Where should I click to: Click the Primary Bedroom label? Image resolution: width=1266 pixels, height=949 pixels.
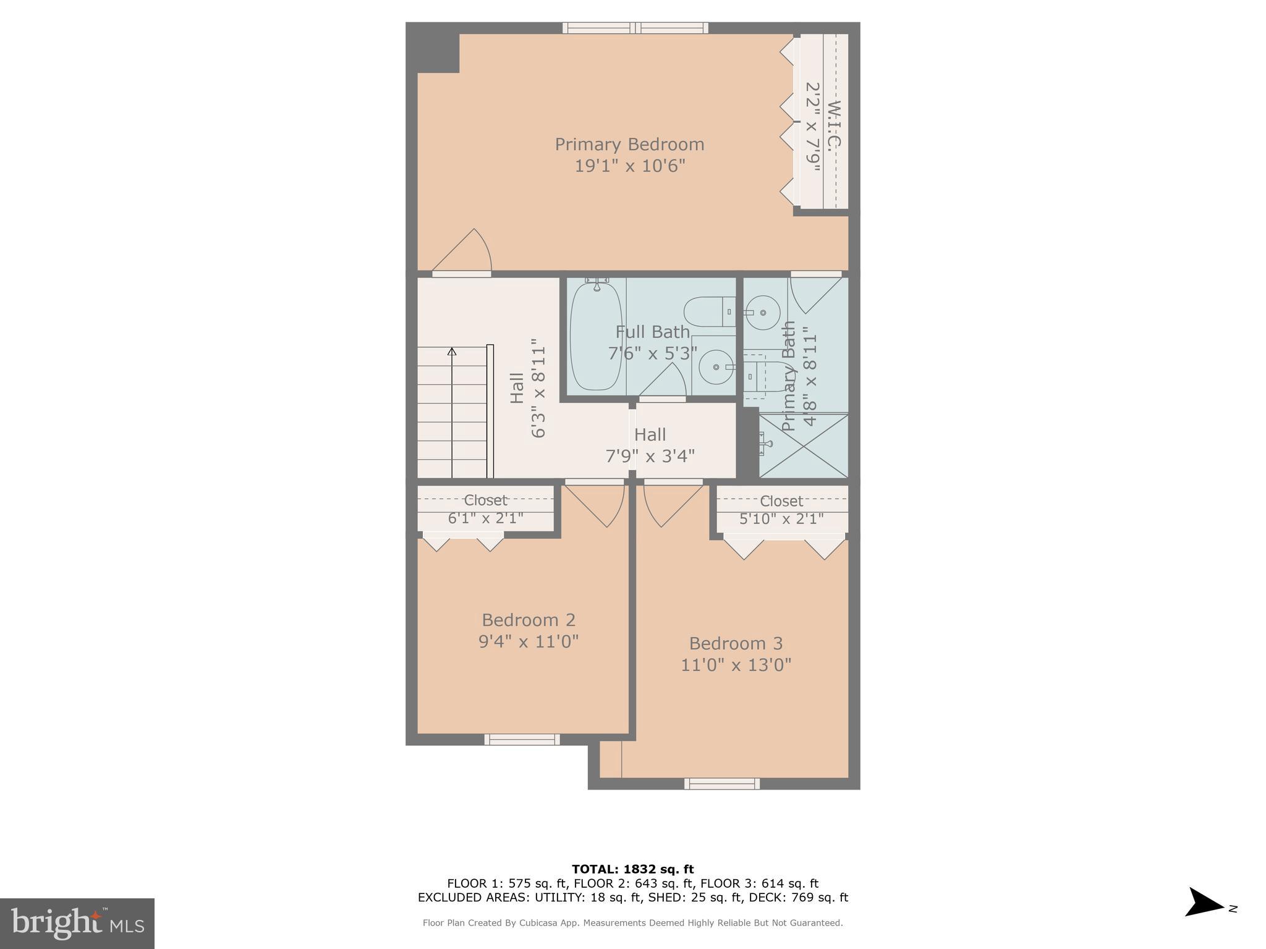629,145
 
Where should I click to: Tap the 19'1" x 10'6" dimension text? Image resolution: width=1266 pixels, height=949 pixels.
629,166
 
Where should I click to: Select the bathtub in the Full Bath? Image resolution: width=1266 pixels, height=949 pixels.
596,337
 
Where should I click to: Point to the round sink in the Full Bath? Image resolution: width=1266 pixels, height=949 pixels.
716,367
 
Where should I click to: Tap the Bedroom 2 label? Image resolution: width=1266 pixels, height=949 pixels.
529,620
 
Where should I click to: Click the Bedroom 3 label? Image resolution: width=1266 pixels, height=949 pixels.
736,643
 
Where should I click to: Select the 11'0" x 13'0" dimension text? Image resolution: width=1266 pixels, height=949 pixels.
736,665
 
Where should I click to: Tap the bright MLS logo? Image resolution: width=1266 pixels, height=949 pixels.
77,923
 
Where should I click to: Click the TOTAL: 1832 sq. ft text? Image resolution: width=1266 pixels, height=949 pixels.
632,869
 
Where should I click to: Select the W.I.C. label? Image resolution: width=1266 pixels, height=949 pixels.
834,124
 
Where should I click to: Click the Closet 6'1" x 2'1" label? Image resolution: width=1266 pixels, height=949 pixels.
485,508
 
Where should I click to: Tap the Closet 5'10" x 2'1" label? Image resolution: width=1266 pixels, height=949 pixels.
781,509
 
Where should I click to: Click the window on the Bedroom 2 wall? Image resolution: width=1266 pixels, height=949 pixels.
522,739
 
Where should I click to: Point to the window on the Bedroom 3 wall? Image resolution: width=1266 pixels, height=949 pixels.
721,783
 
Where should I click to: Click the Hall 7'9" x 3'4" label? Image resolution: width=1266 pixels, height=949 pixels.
650,445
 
